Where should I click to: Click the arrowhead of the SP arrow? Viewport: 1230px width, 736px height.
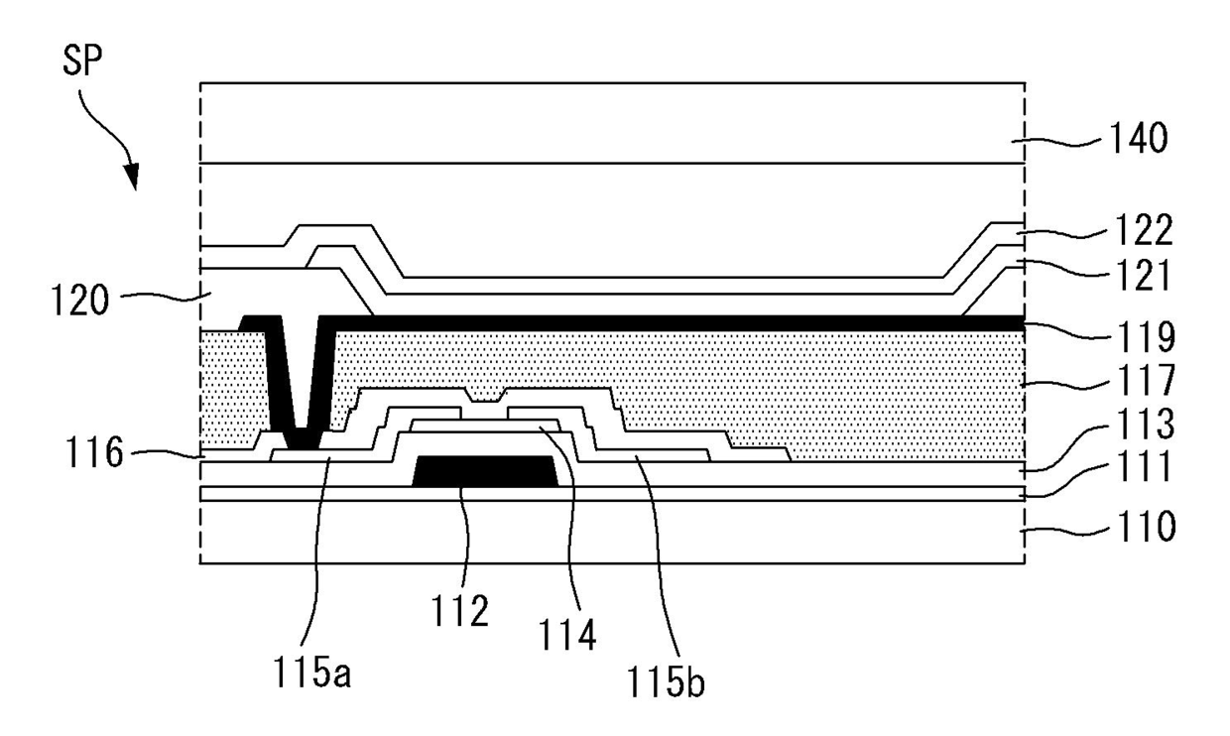(132, 180)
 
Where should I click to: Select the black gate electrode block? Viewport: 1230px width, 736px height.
(484, 471)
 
